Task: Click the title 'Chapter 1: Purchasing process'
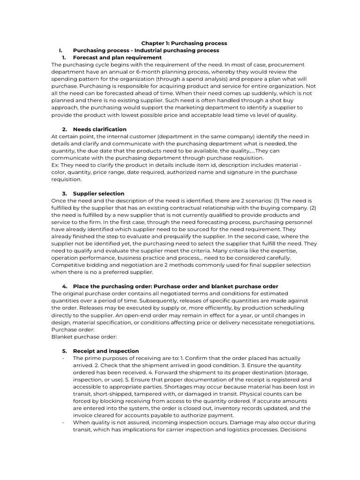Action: pyautogui.click(x=184, y=43)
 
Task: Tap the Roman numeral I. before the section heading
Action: pyautogui.click(x=60, y=50)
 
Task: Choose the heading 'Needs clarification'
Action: pyautogui.click(x=99, y=129)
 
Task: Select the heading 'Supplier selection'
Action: pyautogui.click(x=98, y=194)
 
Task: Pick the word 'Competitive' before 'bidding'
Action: pyautogui.click(x=68, y=265)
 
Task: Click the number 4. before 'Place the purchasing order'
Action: pyautogui.click(x=65, y=286)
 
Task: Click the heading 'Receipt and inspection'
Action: pyautogui.click(x=106, y=351)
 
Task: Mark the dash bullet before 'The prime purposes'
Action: pyautogui.click(x=63, y=358)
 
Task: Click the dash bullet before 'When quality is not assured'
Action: pyautogui.click(x=63, y=422)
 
